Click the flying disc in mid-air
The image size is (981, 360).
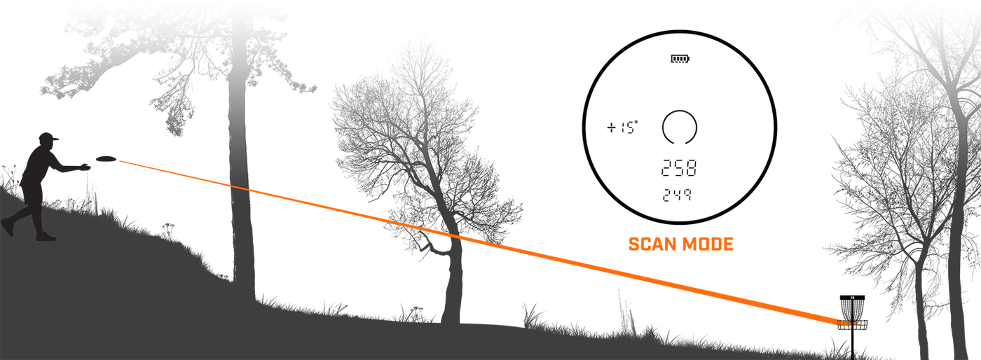(106, 158)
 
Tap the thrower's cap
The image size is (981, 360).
(48, 137)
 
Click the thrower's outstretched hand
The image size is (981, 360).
(84, 167)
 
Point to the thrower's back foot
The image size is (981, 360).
(8, 226)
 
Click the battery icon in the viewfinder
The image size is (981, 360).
(680, 59)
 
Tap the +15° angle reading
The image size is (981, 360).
(622, 127)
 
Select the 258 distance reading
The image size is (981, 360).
(679, 167)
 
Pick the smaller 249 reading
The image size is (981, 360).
(677, 195)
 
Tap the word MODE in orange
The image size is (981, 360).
(706, 244)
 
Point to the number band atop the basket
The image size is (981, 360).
(852, 298)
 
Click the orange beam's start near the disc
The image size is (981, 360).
(120, 161)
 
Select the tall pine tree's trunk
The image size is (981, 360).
(242, 175)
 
